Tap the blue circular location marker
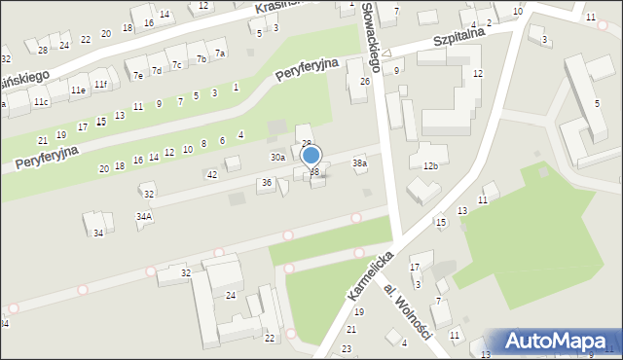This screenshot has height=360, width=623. point(311,155)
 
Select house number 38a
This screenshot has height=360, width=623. point(359,163)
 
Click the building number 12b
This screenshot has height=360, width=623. point(430,166)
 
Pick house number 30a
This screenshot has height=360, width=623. point(277,157)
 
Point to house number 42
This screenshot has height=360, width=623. point(212,174)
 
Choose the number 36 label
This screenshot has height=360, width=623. point(266,182)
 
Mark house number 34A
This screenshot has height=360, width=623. point(144,216)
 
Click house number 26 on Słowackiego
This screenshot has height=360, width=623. point(365,81)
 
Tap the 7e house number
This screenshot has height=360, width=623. point(138,75)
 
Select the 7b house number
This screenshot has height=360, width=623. point(202,58)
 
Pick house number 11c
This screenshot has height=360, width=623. point(41,101)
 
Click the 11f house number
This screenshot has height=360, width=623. point(100,84)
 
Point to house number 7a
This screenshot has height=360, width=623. point(220,53)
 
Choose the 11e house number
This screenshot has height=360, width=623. point(78,90)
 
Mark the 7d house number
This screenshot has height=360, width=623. point(156,70)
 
